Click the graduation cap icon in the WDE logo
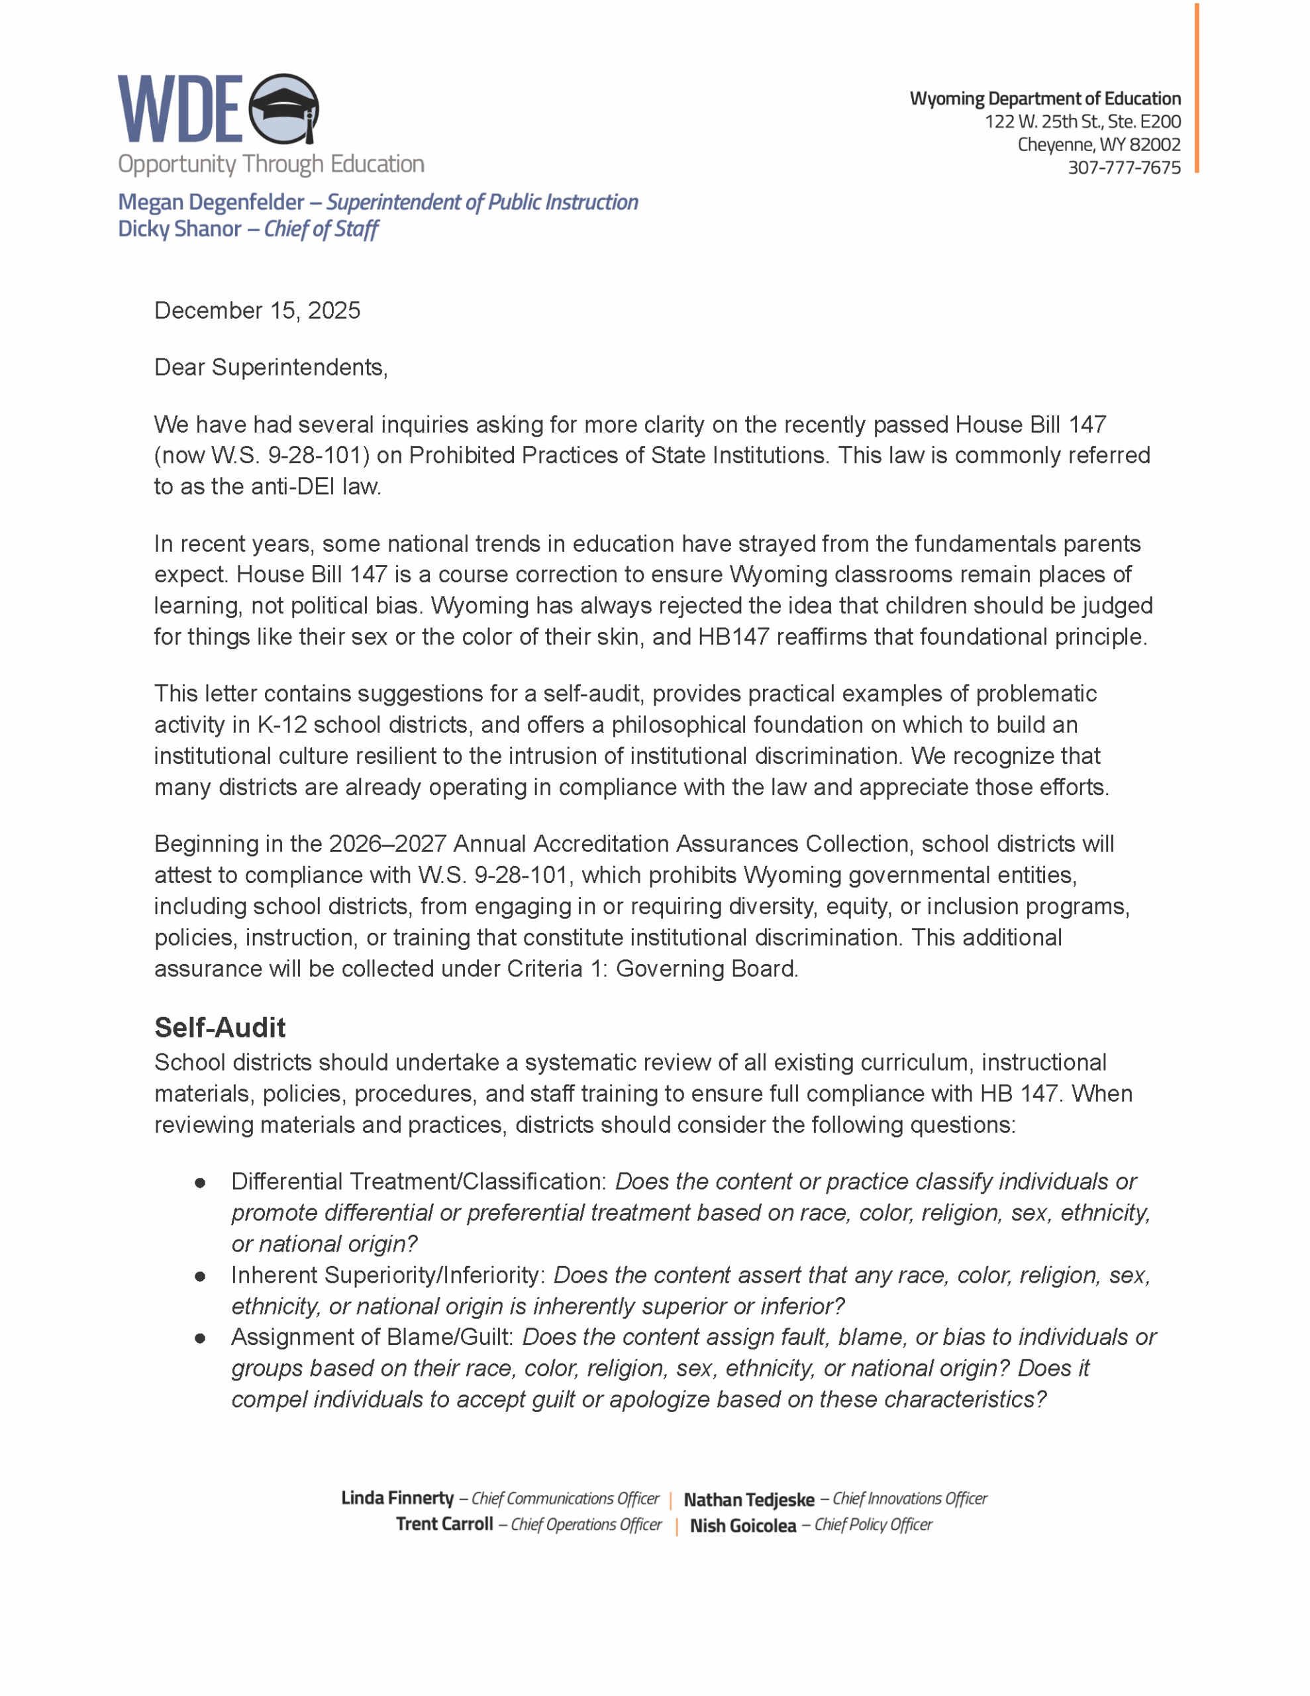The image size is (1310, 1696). pyautogui.click(x=284, y=109)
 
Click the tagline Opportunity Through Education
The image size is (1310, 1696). pyautogui.click(x=271, y=164)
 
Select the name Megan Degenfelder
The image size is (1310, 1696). pyautogui.click(x=211, y=202)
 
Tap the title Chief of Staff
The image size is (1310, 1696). pyautogui.click(x=321, y=229)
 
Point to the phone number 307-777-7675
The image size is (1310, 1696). pyautogui.click(x=1124, y=168)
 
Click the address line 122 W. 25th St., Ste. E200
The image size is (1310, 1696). pyautogui.click(x=1082, y=122)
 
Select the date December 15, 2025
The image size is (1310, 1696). pyautogui.click(x=257, y=311)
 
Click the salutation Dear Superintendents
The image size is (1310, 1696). pyautogui.click(x=270, y=367)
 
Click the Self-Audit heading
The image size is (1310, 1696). pyautogui.click(x=220, y=1028)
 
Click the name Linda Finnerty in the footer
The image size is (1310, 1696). pyautogui.click(x=397, y=1498)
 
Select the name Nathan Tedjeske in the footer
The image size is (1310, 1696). pyautogui.click(x=748, y=1499)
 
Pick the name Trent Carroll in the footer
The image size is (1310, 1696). pyautogui.click(x=444, y=1524)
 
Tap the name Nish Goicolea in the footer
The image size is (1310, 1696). pyautogui.click(x=742, y=1526)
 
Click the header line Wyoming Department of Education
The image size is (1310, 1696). pyautogui.click(x=1044, y=99)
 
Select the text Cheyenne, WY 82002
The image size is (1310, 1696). pyautogui.click(x=1099, y=145)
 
